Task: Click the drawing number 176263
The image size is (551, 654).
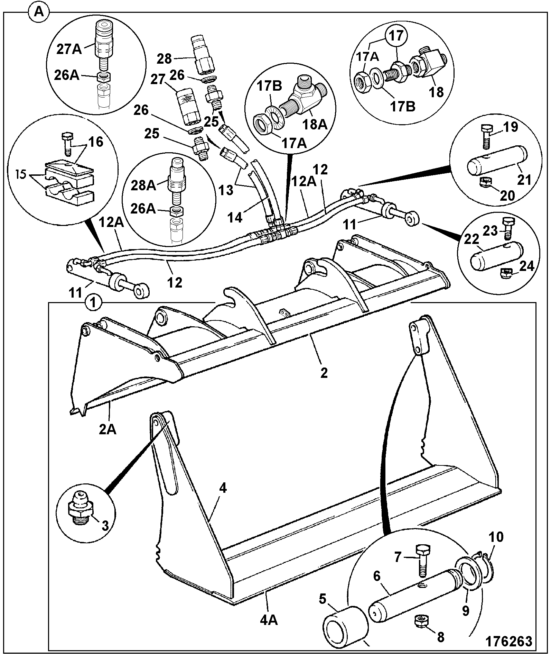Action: pyautogui.click(x=509, y=641)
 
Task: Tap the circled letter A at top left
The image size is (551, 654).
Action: pyautogui.click(x=39, y=13)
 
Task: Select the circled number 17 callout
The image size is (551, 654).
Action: pyautogui.click(x=397, y=36)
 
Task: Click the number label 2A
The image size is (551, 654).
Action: pyautogui.click(x=107, y=429)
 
